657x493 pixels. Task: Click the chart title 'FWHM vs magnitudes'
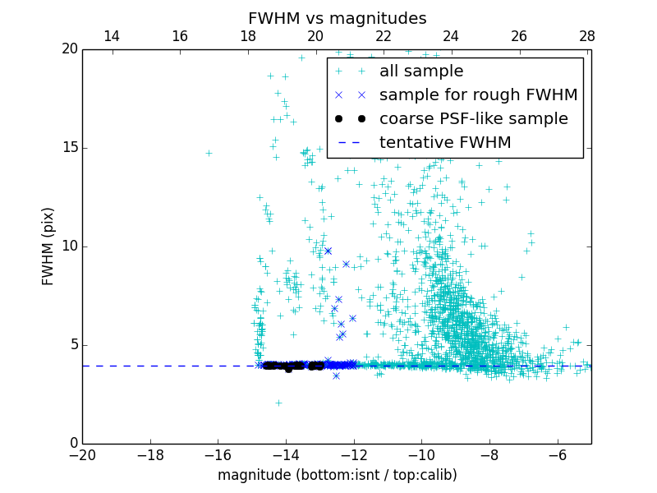point(337,18)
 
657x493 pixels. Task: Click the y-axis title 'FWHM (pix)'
point(48,246)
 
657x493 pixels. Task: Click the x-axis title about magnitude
point(337,475)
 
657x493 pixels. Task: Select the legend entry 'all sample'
point(420,71)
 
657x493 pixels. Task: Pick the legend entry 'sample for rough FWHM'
point(478,95)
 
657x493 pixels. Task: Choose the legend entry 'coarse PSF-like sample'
point(473,119)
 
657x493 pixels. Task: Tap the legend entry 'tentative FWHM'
point(445,143)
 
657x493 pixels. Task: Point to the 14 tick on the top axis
point(112,36)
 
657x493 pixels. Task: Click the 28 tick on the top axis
point(586,36)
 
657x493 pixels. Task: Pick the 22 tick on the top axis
point(384,36)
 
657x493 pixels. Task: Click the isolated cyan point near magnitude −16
point(209,153)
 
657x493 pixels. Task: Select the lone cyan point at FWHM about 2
point(278,403)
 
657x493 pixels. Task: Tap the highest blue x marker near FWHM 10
point(328,251)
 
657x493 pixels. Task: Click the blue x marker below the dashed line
point(336,376)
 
